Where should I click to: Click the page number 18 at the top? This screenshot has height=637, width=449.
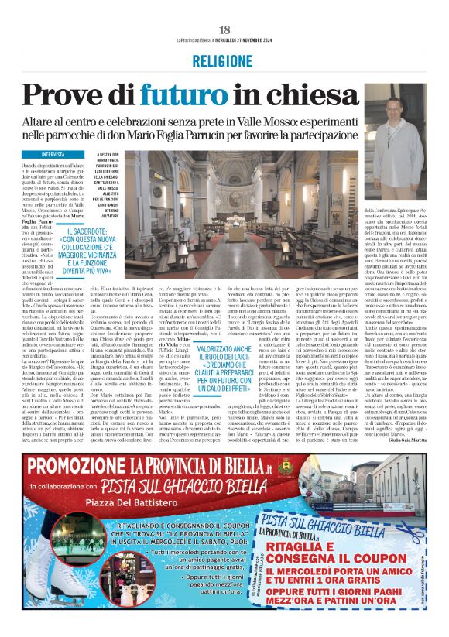(x=224, y=29)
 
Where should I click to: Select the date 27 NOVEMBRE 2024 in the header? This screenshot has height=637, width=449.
(x=262, y=41)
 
